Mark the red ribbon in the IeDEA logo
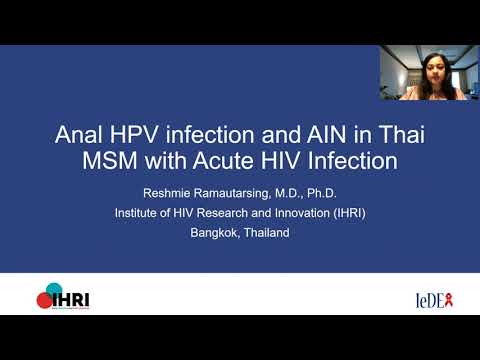click(453, 297)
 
